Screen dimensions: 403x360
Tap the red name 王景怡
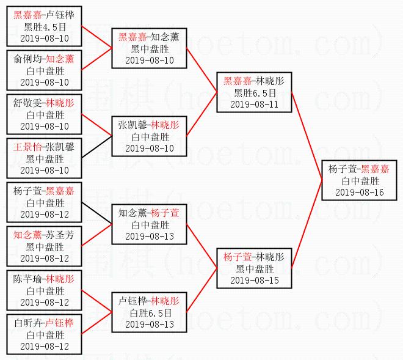[x=27, y=147]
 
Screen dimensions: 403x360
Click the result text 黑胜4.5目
[x=44, y=26]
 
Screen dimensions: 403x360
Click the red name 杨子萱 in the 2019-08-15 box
[x=237, y=257]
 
